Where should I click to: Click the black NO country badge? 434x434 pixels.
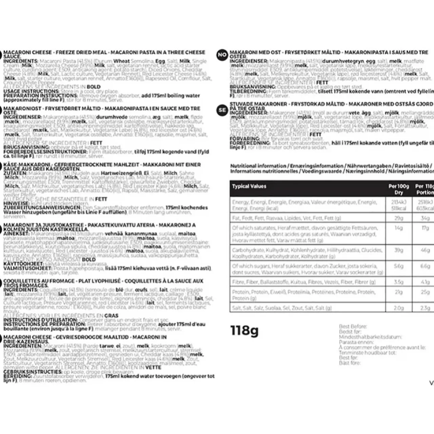click(x=222, y=55)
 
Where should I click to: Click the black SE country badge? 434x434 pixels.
click(x=222, y=110)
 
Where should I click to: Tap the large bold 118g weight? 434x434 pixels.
click(x=244, y=330)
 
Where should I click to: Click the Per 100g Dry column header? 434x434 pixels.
click(x=398, y=189)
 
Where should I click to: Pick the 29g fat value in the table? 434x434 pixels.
click(x=398, y=218)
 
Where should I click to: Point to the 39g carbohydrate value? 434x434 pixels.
click(x=398, y=250)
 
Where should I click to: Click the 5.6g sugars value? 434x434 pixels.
click(x=398, y=266)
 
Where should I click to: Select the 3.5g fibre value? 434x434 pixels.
click(x=398, y=282)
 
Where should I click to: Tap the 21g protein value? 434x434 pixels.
click(x=398, y=292)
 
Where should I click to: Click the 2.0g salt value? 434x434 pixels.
click(x=398, y=308)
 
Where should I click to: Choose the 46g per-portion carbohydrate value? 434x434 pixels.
click(x=425, y=250)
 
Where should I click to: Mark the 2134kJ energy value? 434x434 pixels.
click(x=398, y=202)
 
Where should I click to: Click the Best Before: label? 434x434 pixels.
click(x=353, y=327)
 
